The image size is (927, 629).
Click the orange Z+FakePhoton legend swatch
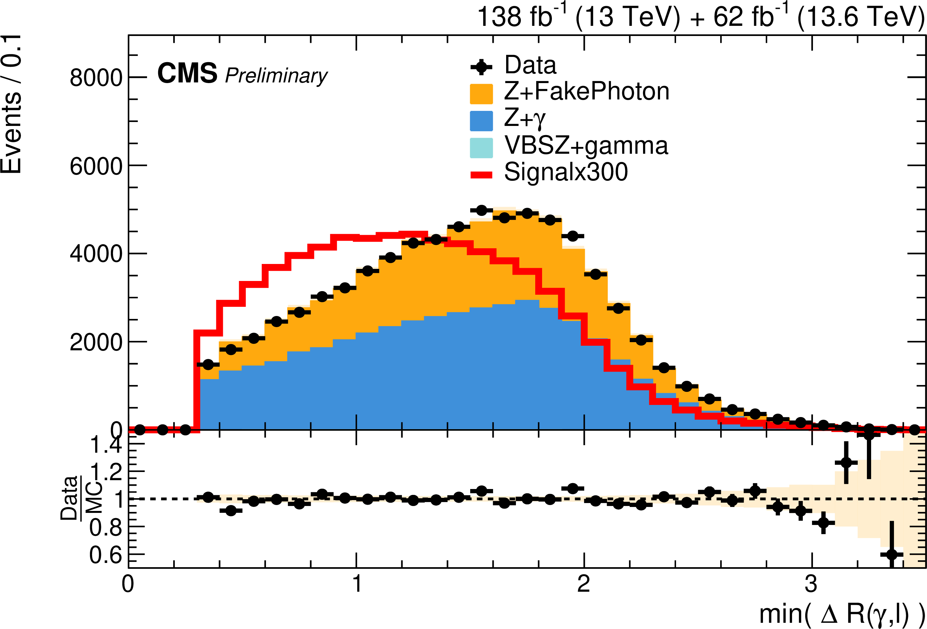coord(481,94)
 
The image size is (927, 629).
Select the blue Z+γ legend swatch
coord(481,121)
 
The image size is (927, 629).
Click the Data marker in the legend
coord(481,67)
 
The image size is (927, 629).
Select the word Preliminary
coord(276,76)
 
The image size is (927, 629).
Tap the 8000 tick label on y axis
coord(96,78)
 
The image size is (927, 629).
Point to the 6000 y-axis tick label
coord(96,166)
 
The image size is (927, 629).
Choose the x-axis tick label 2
coord(584,584)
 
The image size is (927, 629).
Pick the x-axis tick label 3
coord(811,584)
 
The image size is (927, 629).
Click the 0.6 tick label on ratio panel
coord(105,555)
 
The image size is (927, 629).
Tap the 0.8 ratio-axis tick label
coord(105,527)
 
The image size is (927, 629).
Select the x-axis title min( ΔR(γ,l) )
coord(842,614)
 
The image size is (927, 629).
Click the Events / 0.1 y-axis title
coord(11,104)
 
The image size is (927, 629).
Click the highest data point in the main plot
coord(481,210)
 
